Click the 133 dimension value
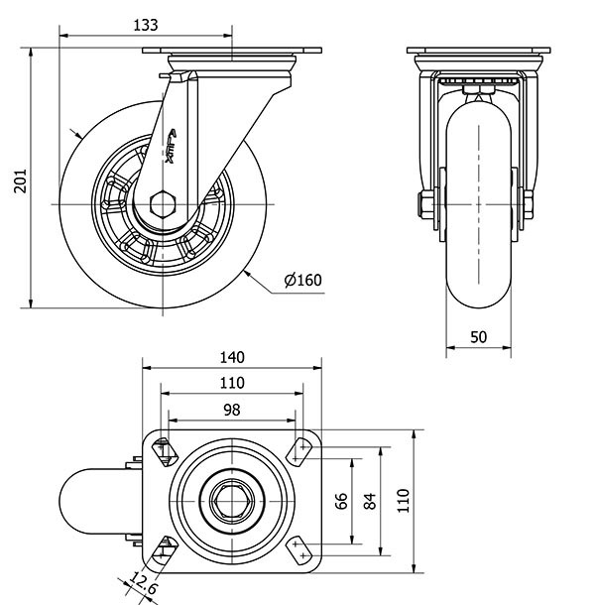coord(146,24)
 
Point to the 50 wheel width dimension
coord(478,337)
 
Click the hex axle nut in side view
coord(162,205)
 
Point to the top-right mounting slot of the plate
coord(299,451)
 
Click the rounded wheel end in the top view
coord(83,502)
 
